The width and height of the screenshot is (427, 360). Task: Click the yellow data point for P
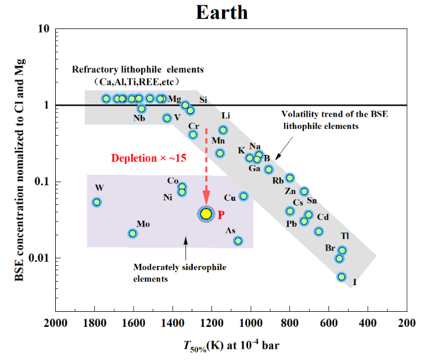pos(206,214)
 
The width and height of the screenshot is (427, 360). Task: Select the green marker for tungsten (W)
pos(96,202)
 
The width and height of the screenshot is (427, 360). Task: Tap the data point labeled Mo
pos(132,233)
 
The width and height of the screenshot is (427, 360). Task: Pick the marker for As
pos(238,241)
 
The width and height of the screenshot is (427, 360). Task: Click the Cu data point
pos(244,196)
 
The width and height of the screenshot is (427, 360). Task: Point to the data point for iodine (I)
pos(342,277)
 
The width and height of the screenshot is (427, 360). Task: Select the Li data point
pos(223,130)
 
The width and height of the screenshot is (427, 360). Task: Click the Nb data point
pos(142,109)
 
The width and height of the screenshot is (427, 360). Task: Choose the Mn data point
pos(220,153)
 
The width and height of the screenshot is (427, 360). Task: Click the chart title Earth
pos(222,13)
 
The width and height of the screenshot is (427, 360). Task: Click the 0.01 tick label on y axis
pos(39,258)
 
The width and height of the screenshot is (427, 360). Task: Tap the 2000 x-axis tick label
pos(56,323)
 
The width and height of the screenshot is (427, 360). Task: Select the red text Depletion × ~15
pos(149,158)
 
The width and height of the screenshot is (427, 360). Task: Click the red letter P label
pos(221,215)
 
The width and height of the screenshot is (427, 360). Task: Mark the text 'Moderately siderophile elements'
pos(180,273)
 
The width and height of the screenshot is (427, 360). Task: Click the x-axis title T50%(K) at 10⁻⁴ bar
pos(231,345)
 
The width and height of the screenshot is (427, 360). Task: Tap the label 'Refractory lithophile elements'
pos(138,70)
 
